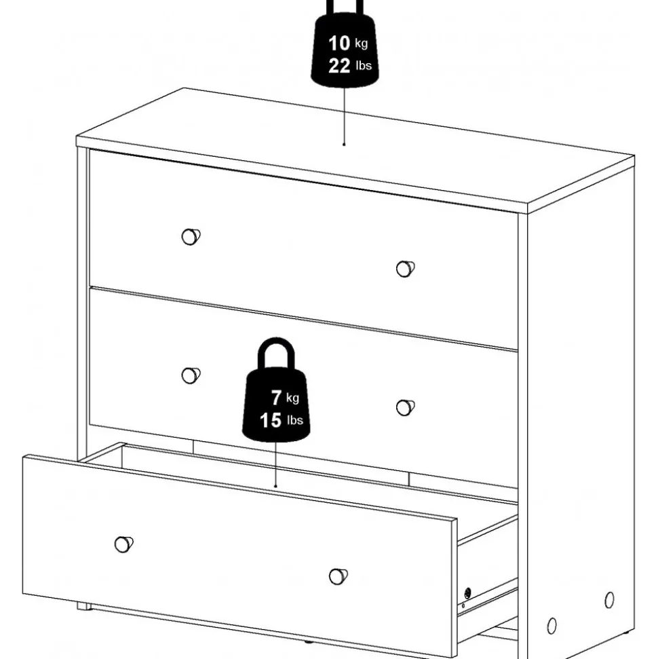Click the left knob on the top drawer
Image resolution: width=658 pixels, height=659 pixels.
tap(191, 236)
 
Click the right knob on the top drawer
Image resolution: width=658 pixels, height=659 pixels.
tap(404, 269)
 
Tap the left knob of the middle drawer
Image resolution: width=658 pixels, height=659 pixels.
tap(191, 375)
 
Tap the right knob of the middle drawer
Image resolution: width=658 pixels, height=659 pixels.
tap(404, 407)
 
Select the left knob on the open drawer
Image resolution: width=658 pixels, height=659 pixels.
tap(123, 544)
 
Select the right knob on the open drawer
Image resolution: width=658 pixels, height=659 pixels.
tap(337, 577)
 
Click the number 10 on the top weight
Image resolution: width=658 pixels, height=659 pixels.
tap(338, 43)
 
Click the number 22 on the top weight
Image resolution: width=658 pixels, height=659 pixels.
tap(338, 66)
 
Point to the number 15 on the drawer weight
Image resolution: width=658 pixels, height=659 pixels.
tap(270, 421)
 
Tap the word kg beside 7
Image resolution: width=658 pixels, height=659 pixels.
tap(292, 398)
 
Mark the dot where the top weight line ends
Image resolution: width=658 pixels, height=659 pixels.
tap(344, 144)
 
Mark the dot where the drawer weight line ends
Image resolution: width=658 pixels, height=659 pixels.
tap(275, 486)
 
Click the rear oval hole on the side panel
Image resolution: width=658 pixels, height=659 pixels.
tap(609, 599)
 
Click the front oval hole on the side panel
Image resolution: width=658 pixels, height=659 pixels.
tap(551, 626)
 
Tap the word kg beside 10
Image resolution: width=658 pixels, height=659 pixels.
tap(362, 44)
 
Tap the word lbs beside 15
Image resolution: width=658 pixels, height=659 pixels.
tap(294, 421)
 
